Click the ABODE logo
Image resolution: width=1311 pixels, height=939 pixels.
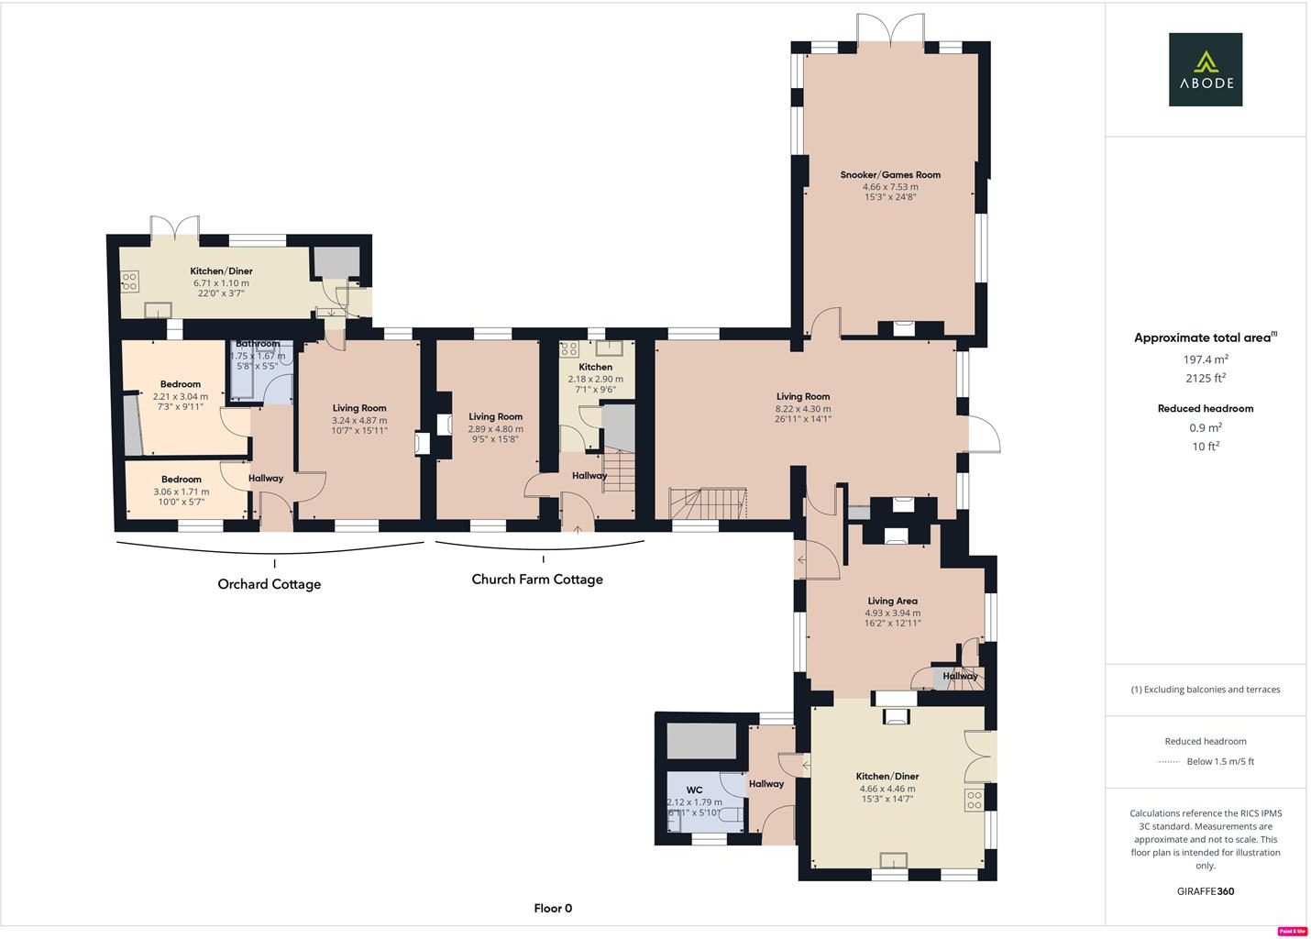[x=1205, y=70]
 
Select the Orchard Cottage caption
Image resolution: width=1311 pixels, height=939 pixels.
[x=269, y=584]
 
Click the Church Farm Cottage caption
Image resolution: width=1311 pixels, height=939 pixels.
[x=537, y=580]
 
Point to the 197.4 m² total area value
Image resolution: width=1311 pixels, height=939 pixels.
[x=1205, y=359]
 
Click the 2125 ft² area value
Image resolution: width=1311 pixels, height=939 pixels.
[x=1205, y=378]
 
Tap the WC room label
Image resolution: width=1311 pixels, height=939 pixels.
[x=694, y=790]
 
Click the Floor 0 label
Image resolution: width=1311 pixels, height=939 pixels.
[x=553, y=909]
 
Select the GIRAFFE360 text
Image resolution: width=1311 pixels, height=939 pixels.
[x=1205, y=891]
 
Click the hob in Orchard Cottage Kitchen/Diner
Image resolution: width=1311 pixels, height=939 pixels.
[x=129, y=281]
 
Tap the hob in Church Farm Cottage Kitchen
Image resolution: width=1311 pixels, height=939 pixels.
[x=568, y=348]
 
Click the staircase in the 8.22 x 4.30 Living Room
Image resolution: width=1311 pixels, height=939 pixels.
[x=708, y=503]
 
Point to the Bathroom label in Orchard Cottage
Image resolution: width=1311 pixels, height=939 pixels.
[x=257, y=344]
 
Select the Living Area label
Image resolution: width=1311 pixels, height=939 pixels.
[x=892, y=602]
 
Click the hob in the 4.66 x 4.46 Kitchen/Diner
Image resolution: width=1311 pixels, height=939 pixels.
[x=973, y=799]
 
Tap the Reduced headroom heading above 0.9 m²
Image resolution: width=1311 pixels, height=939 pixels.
[x=1205, y=409]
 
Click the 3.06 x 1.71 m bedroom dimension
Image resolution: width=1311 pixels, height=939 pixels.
[x=181, y=492]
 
